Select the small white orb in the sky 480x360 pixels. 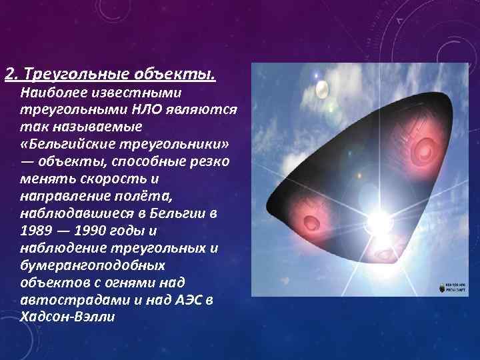click(321, 88)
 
